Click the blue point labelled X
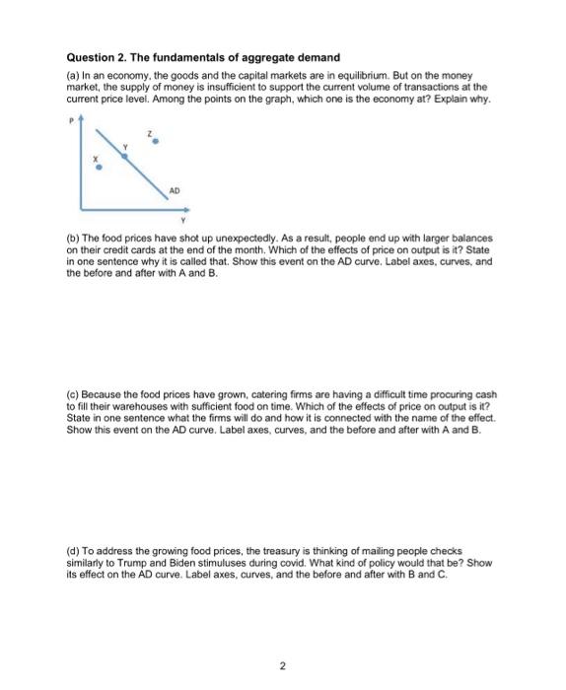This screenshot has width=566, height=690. coord(97,169)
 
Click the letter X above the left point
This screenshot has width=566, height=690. coord(96,157)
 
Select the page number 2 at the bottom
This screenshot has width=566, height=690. coord(283,640)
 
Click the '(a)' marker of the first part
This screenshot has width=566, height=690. coord(72,75)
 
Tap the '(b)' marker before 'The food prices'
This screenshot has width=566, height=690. coord(72,239)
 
